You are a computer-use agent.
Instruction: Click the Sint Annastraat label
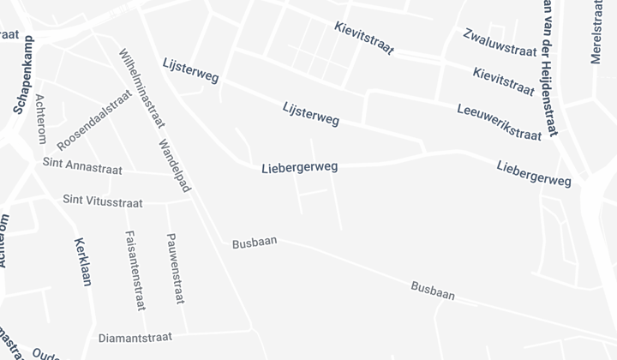[x=82, y=165]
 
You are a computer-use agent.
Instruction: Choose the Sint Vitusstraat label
[x=102, y=201]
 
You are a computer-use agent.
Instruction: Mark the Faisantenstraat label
[x=134, y=270]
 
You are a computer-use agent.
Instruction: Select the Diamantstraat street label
[x=135, y=337]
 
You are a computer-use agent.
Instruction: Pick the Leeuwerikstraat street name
[x=500, y=121]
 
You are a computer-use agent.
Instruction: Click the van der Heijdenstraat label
[x=549, y=69]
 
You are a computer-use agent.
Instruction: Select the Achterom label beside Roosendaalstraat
[x=40, y=119]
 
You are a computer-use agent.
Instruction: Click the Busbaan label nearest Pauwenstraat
[x=255, y=243]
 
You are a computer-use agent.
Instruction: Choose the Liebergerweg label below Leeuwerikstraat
[x=533, y=172]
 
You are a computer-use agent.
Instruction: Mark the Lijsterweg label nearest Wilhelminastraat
[x=190, y=71]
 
